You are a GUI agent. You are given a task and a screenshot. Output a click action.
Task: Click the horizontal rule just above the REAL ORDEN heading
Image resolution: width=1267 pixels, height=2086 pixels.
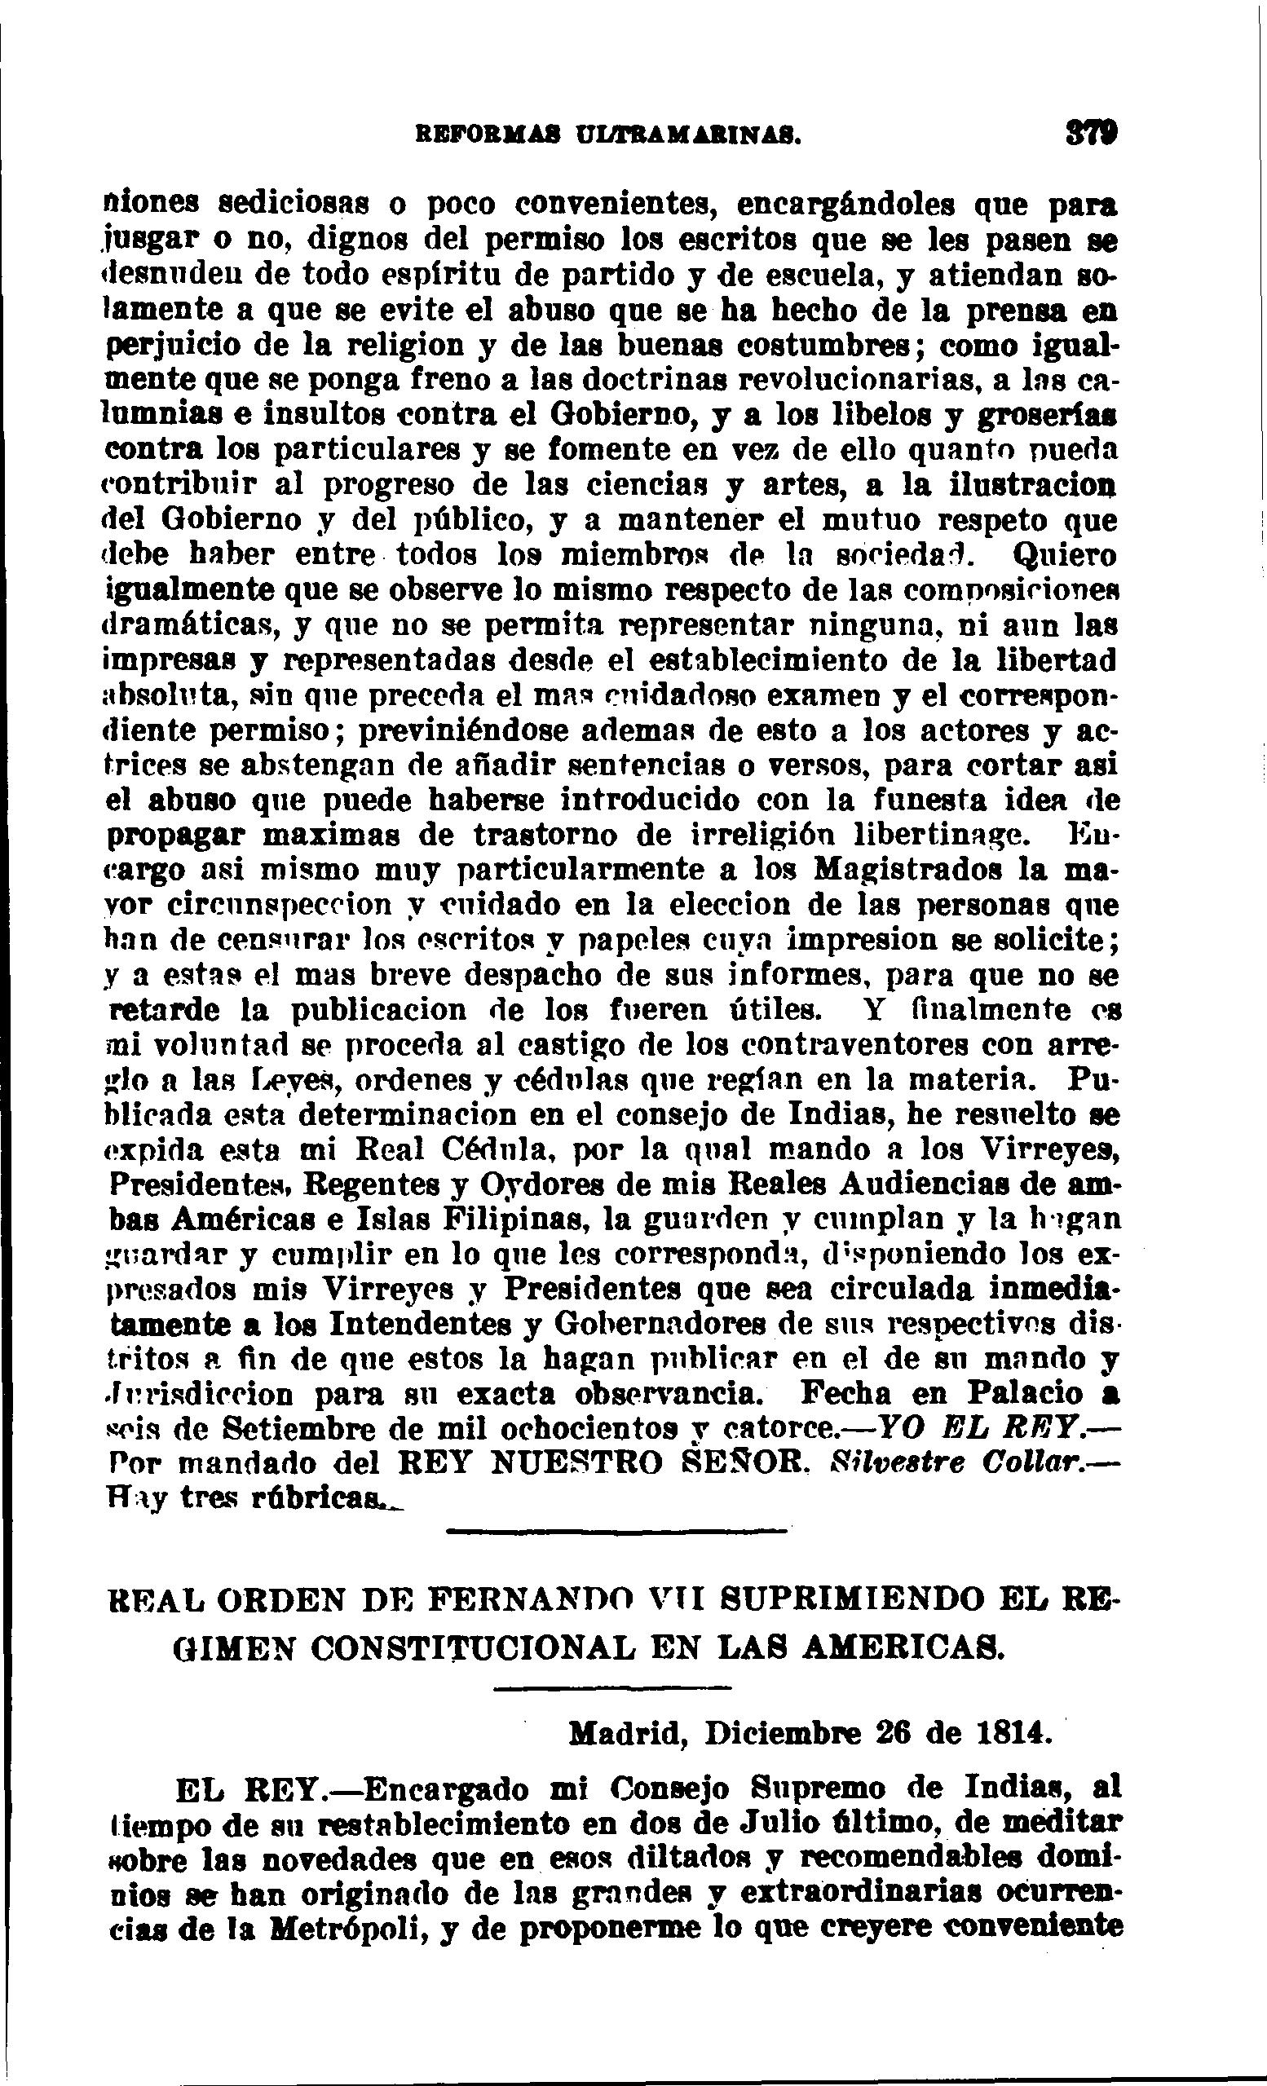[616, 1531]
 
